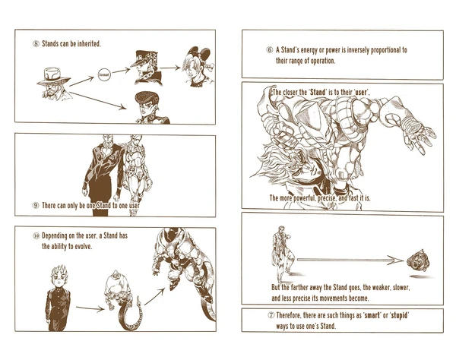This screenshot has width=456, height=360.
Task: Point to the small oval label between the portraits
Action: coord(106,75)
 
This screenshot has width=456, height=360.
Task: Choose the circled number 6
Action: coord(269,50)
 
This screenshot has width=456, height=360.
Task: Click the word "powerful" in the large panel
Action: coord(312,197)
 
